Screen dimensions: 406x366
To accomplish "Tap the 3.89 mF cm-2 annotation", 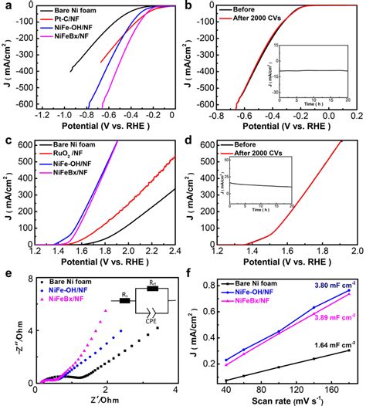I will tap(333, 317).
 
